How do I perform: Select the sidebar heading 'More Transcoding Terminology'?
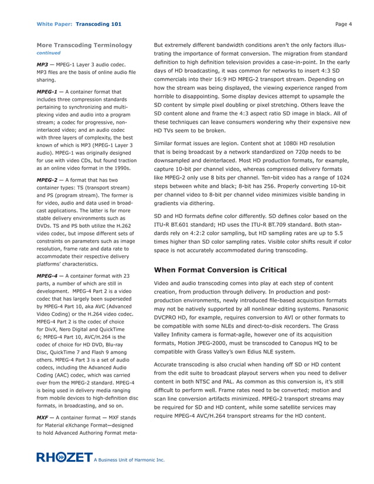click(x=84, y=45)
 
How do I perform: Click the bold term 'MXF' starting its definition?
click(x=43, y=417)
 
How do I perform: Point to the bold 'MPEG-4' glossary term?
click(x=47, y=275)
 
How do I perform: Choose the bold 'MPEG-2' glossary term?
click(x=47, y=180)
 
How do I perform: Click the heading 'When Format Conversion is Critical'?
click(x=220, y=270)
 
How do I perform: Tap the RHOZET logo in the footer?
click(x=64, y=457)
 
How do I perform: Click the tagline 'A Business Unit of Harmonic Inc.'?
click(x=130, y=460)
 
